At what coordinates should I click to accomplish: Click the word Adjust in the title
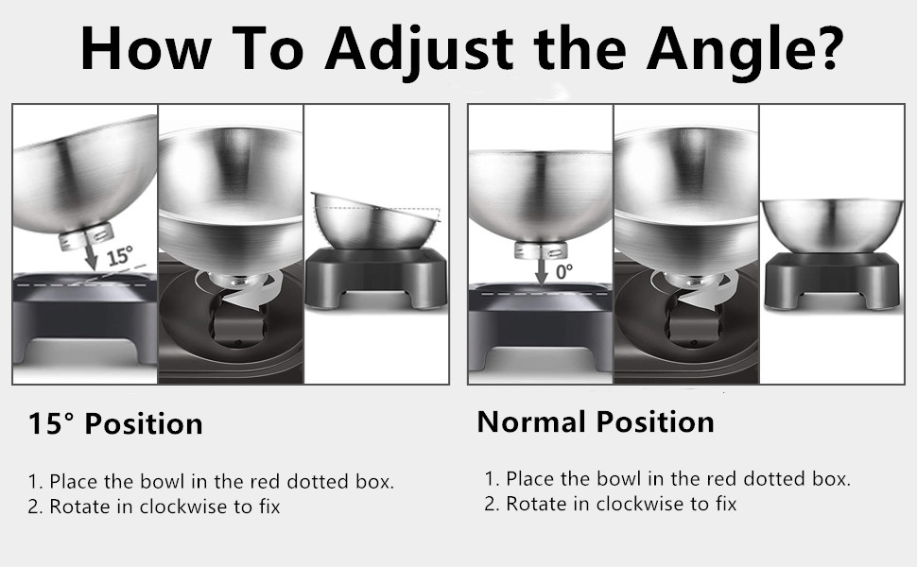pos(419,50)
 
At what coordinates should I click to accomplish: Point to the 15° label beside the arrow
pos(120,255)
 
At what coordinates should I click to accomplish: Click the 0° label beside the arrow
pos(564,270)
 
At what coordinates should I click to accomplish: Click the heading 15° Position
pos(115,423)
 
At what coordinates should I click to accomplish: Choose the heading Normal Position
pos(596,421)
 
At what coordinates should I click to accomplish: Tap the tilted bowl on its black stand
pos(376,220)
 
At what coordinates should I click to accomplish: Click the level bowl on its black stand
pos(832,226)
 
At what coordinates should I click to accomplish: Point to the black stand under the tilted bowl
pos(376,276)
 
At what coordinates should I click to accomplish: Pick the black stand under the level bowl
pos(832,280)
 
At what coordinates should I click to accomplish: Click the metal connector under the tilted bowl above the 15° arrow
pos(86,237)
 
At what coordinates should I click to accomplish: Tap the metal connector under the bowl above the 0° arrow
pos(542,250)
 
